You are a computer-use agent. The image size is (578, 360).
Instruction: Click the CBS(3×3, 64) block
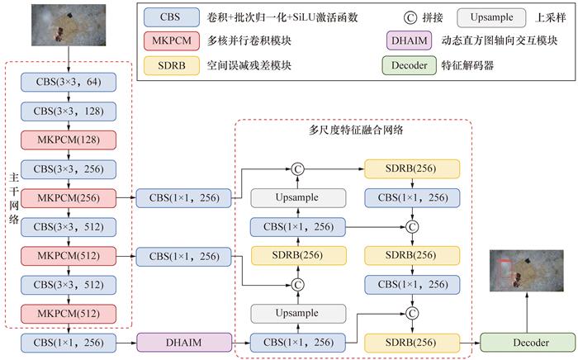click(x=69, y=82)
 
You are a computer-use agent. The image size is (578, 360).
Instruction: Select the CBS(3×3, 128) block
click(x=69, y=111)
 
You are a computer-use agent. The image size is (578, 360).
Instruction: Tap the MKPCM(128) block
click(x=69, y=140)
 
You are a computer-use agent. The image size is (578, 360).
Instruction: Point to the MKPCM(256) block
click(x=69, y=197)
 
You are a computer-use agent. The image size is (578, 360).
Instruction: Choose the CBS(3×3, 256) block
click(x=69, y=168)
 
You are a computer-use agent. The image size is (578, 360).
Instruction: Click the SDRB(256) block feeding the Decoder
click(x=411, y=340)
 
